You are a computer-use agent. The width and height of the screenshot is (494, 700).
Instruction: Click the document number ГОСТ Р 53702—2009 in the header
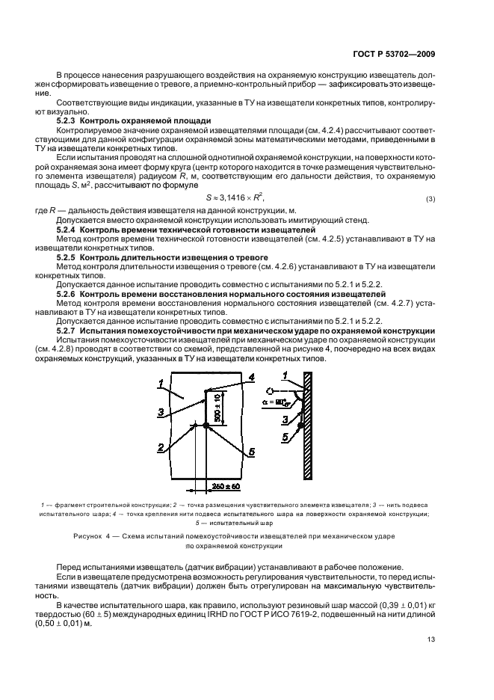395,54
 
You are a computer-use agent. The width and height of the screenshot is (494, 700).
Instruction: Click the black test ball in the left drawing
205,426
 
